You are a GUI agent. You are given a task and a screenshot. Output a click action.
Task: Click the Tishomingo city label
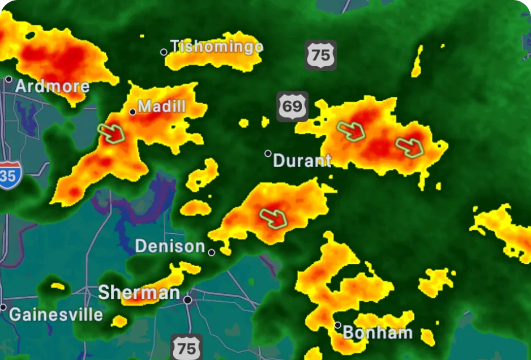coord(217,46)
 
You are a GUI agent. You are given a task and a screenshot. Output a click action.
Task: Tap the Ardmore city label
coord(52,87)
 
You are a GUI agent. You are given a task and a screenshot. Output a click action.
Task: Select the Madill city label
coord(162,106)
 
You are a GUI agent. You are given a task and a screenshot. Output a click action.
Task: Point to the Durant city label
coord(302,161)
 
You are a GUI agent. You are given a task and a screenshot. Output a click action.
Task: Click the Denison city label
coord(170,246)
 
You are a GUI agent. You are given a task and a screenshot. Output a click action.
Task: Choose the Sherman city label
coord(139,293)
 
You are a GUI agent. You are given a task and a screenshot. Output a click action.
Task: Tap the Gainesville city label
coord(56,314)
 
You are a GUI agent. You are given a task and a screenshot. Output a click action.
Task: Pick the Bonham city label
coord(378,332)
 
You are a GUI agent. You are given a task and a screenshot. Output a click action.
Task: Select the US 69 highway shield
coord(293,106)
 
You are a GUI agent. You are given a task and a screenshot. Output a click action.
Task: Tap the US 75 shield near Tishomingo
coord(320,55)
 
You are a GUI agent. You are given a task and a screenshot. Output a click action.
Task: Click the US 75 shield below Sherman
coord(186,347)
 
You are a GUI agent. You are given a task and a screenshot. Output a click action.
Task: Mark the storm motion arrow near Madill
coord(112,133)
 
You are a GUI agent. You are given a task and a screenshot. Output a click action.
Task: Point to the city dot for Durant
coord(268,153)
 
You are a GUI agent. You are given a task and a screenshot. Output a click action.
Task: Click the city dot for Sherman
coord(188,299)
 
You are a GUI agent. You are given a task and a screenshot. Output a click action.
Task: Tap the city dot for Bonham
coord(338,325)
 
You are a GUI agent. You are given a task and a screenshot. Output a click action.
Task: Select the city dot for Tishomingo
coord(164,52)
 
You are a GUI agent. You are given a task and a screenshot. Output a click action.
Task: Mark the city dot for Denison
coord(212,252)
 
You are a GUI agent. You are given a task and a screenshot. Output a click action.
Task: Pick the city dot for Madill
coord(132,112)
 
